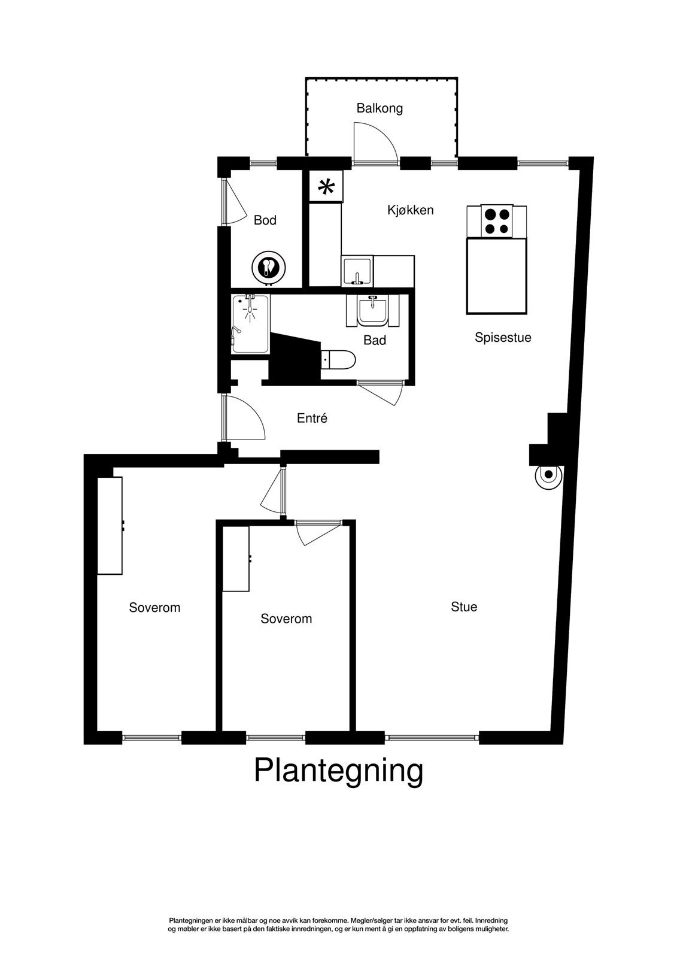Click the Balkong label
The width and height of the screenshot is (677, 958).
click(380, 108)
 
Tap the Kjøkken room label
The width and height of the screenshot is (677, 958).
click(410, 210)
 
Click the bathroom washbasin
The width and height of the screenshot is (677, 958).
click(372, 311)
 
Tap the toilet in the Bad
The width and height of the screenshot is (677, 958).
click(339, 360)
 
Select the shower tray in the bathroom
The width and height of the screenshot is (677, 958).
click(251, 323)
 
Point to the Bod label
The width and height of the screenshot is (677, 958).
click(265, 220)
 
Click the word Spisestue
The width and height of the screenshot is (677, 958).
click(503, 337)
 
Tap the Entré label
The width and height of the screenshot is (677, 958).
click(312, 419)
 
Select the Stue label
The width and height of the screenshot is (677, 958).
click(464, 607)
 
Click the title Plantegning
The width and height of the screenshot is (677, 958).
click(338, 770)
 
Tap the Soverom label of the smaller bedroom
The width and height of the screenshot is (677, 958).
click(286, 619)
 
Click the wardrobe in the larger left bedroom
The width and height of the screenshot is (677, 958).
click(110, 525)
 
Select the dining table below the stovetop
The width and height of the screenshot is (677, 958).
click(497, 276)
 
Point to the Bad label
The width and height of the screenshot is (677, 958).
click(375, 340)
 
